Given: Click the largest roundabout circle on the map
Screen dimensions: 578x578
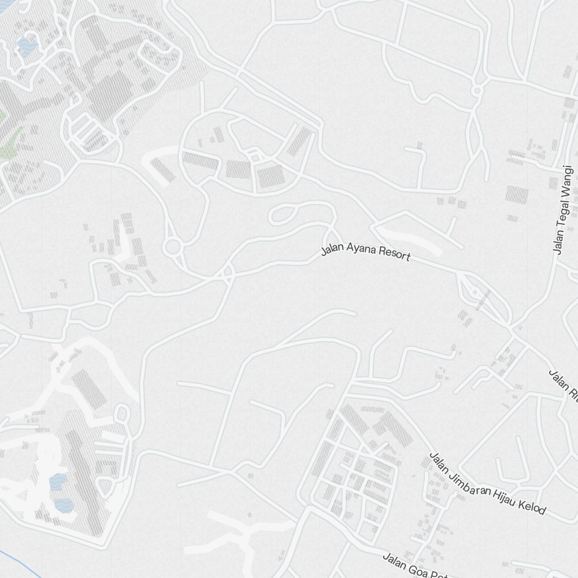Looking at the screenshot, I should tap(172, 247).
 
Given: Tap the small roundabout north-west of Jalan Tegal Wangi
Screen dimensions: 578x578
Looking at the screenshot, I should tap(477, 91).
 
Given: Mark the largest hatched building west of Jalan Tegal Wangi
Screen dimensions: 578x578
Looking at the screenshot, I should tap(516, 194).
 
